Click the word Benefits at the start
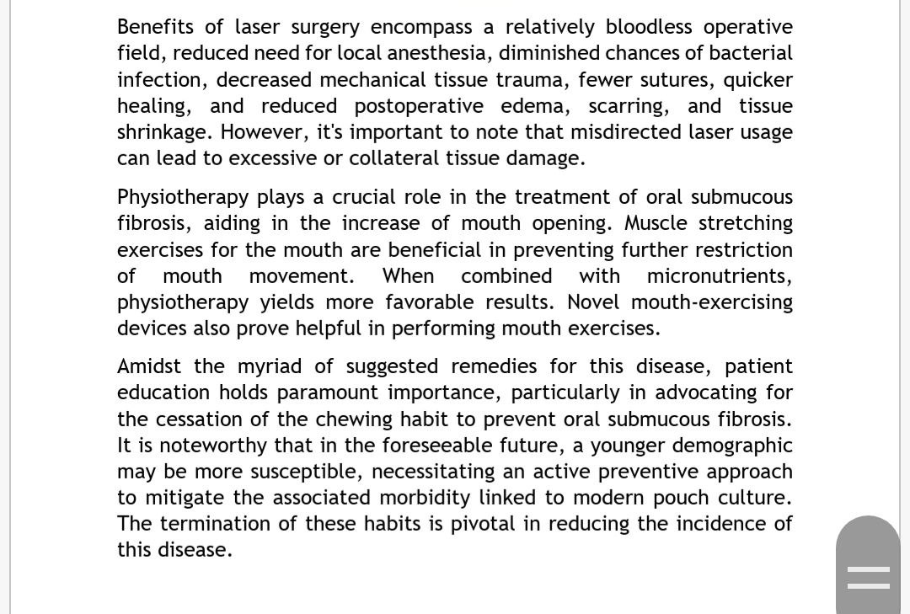tap(156, 27)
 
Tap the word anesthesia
tap(436, 53)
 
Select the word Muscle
tap(656, 223)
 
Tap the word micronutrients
tap(719, 276)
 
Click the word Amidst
tap(149, 366)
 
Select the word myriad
tap(270, 367)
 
